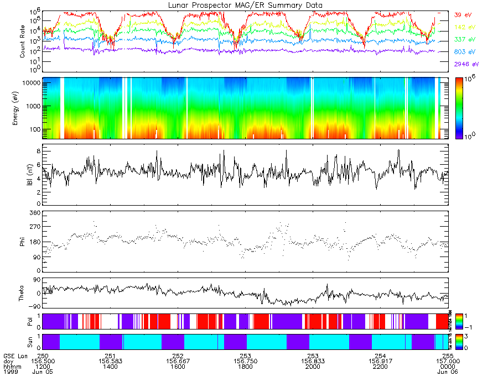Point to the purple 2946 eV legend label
[x=464, y=65]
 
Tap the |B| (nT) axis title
[x=23, y=175]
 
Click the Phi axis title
[x=23, y=241]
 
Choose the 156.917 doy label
[x=380, y=360]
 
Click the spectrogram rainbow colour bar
[x=459, y=108]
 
